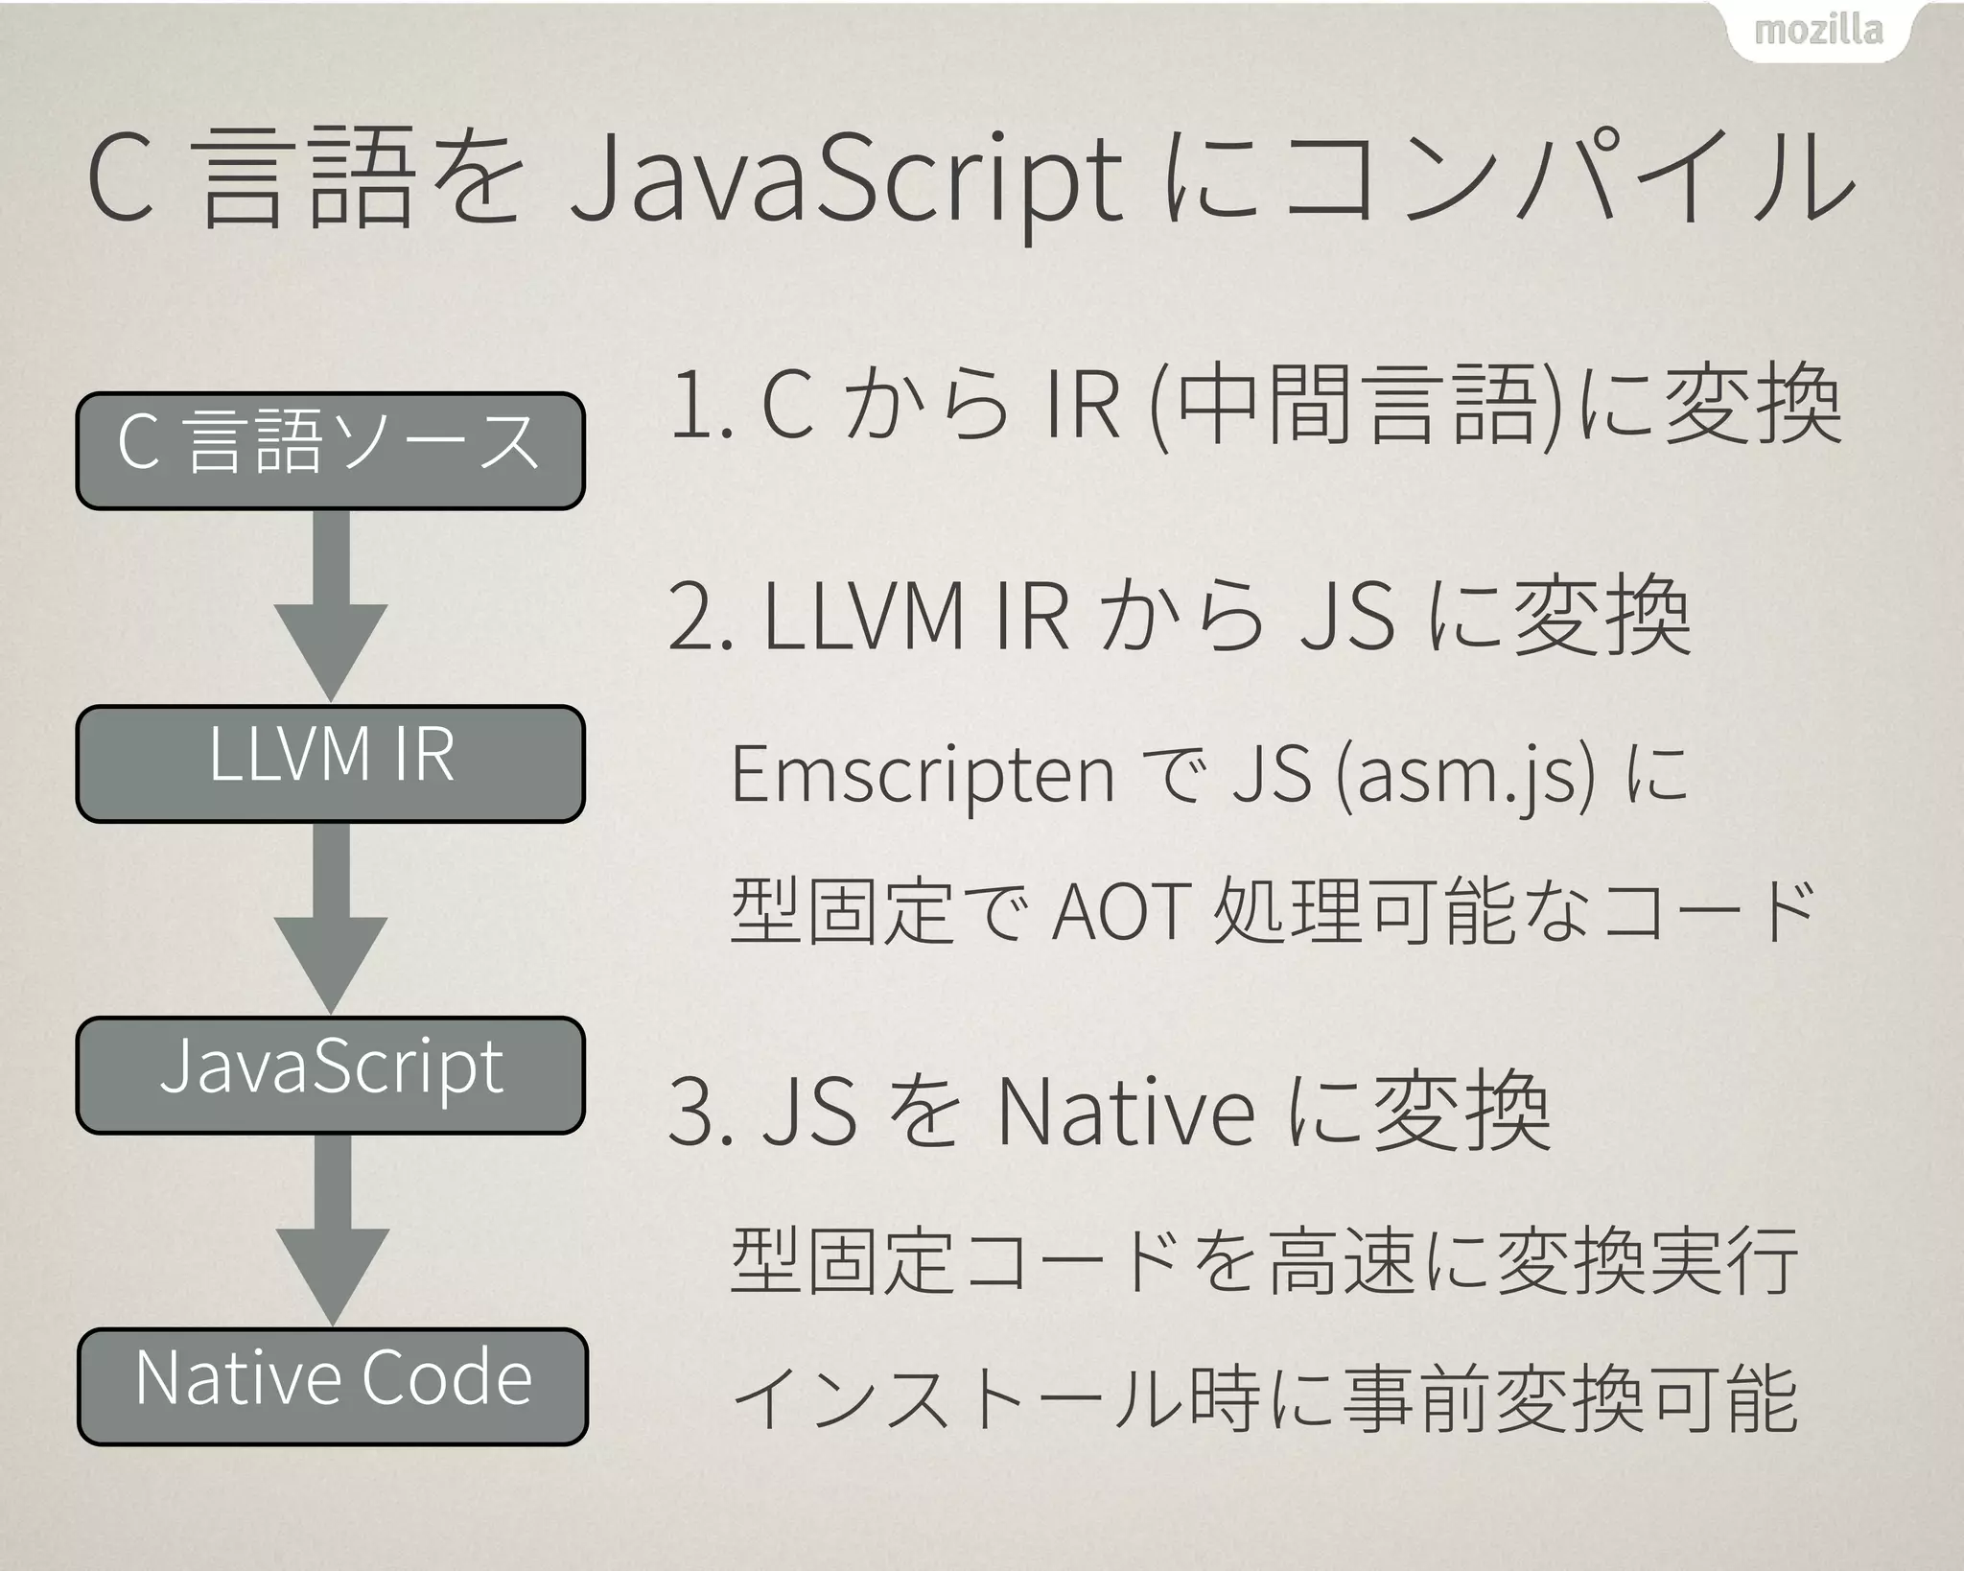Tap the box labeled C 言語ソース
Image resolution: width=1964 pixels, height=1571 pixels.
(330, 449)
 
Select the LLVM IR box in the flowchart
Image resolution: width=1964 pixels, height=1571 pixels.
(330, 762)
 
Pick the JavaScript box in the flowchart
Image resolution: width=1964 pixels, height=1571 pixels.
(330, 1074)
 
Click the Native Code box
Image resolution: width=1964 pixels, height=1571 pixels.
(332, 1386)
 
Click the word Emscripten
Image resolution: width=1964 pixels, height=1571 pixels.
(923, 775)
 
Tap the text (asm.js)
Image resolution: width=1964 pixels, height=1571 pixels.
(1465, 775)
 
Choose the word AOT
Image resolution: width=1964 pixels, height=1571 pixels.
(1122, 911)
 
